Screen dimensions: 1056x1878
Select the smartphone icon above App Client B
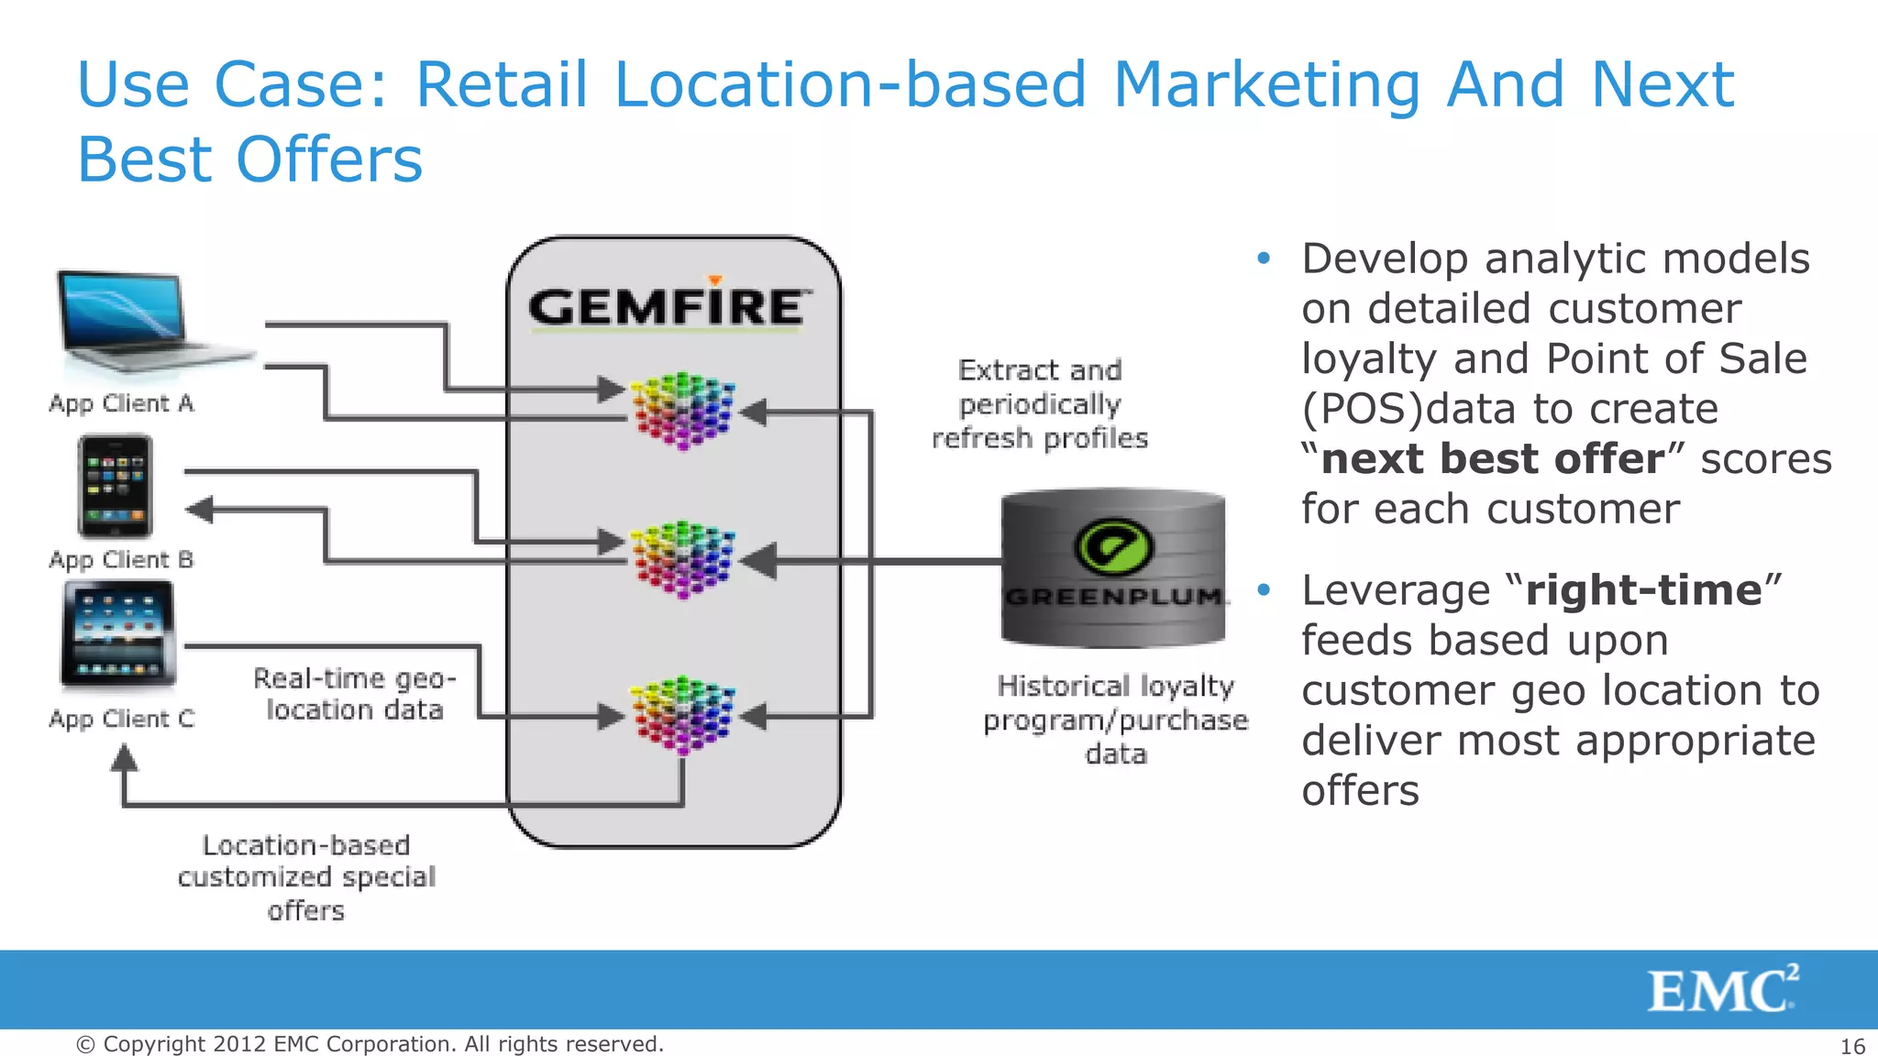[x=115, y=486]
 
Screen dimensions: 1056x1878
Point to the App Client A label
[x=121, y=403]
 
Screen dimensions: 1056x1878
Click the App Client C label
[x=121, y=719]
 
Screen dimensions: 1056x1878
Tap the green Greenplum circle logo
[x=1113, y=546]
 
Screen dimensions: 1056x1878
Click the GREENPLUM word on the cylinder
[x=1113, y=597]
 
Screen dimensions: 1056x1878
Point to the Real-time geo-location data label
[x=354, y=694]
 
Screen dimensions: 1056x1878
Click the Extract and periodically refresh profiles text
[x=1040, y=404]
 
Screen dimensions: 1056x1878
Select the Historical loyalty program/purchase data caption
[x=1115, y=720]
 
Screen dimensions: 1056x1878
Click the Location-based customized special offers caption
[x=306, y=877]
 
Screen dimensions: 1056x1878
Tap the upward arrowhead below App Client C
[x=125, y=759]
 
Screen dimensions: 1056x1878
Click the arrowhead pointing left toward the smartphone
[x=200, y=510]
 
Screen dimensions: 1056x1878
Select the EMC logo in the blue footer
[x=1722, y=990]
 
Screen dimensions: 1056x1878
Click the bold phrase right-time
[x=1643, y=590]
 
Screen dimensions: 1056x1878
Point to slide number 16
[x=1852, y=1046]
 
